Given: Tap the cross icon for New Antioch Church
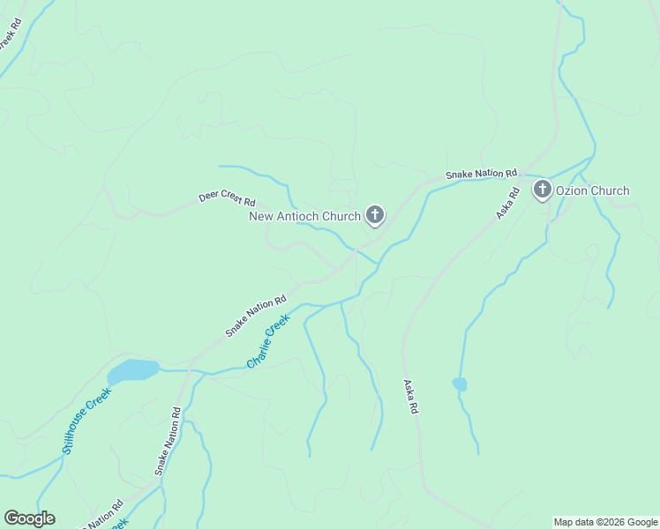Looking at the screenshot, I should (x=375, y=214).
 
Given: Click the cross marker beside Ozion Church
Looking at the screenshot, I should (x=542, y=189).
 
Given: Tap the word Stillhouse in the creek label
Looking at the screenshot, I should (x=79, y=430).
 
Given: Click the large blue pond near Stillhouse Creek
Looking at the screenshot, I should (x=131, y=370).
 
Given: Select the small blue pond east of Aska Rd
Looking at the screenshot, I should (x=459, y=384).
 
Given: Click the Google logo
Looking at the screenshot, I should (x=29, y=518).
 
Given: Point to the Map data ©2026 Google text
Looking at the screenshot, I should (x=605, y=522).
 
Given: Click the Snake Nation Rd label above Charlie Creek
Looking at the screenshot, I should (x=256, y=316).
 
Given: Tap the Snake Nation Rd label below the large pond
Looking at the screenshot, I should (x=168, y=442).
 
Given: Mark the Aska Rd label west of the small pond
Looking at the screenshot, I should (x=410, y=398).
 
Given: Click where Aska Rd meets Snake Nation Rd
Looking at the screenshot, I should (x=524, y=178).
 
